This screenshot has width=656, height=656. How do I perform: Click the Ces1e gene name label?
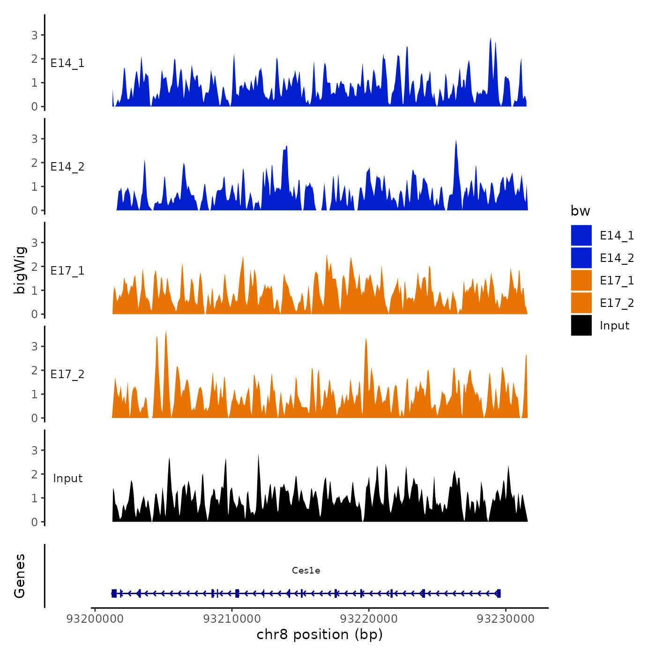coord(306,570)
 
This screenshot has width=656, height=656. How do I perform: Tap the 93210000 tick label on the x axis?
coord(232,619)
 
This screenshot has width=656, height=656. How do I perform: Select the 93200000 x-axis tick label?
coord(95,619)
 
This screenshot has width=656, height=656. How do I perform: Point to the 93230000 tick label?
coord(506,619)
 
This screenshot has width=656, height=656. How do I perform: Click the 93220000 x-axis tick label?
coord(369,619)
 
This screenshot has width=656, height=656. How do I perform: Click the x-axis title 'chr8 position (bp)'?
coord(320,634)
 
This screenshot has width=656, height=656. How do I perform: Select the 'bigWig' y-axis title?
coord(20,270)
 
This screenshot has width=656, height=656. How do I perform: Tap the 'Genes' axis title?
coord(20,576)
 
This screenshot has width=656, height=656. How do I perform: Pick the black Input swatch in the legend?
coord(581,325)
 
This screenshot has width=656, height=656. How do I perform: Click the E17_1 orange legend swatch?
coord(581,280)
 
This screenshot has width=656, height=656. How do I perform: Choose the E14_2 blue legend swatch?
coord(581,258)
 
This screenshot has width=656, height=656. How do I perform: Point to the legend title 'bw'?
coord(580,211)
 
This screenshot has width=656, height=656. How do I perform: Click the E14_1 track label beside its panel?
coord(67,63)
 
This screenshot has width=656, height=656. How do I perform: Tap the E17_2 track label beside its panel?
coord(67,374)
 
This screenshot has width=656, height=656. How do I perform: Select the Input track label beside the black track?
coord(67,478)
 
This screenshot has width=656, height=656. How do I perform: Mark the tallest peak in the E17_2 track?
coord(166,332)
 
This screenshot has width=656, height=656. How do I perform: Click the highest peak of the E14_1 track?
coord(490,39)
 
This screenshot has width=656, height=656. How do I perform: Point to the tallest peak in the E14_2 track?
coord(456,141)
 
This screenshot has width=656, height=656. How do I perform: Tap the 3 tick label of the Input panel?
coord(34,450)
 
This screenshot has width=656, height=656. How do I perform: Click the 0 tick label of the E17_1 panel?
coord(34,314)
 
